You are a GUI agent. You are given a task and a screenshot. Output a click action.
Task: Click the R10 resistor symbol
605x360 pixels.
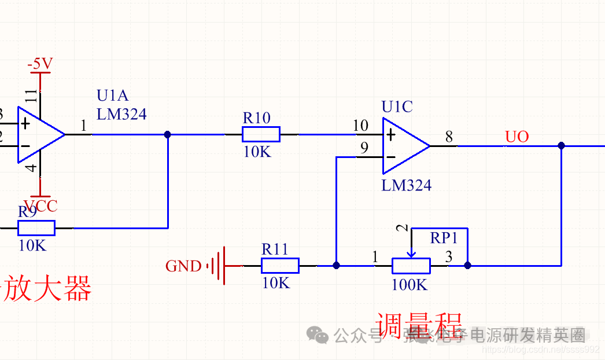[260, 134]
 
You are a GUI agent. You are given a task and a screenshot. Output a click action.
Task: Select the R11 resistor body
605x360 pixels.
[280, 266]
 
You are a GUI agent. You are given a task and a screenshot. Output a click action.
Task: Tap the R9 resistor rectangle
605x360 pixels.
[36, 228]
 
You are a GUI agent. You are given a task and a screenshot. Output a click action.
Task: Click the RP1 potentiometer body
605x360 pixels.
[411, 266]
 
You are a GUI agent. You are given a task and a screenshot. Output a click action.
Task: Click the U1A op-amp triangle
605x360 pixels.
[38, 134]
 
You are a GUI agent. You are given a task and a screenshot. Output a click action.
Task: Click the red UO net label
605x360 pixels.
[517, 137]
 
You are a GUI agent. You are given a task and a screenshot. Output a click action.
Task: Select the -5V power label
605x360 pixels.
[40, 64]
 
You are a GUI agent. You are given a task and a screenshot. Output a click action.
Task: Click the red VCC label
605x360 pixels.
[44, 205]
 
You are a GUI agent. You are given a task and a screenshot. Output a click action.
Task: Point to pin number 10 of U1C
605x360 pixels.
[360, 126]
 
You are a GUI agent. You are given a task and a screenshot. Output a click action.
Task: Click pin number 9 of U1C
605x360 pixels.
[364, 148]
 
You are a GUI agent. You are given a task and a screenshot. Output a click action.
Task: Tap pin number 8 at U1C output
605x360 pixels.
[449, 137]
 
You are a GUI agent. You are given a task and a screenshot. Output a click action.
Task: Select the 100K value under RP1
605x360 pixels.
[409, 285]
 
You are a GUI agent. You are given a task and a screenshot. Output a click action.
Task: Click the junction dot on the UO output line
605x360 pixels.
[561, 146]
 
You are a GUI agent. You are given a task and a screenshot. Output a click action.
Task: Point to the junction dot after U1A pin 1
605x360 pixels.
[168, 134]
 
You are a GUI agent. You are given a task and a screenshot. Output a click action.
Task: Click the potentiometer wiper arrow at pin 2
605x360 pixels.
[411, 252]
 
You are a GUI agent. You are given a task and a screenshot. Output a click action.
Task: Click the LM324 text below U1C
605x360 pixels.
[406, 185]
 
